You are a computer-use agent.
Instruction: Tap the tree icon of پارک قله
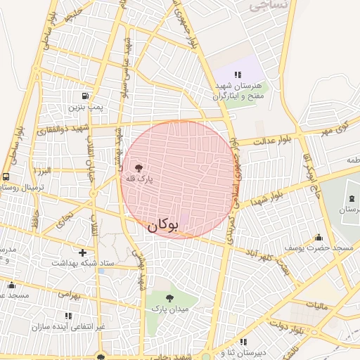click(x=138, y=168)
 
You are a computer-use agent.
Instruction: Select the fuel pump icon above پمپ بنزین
click(x=85, y=96)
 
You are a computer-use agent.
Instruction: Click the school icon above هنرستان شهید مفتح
click(x=238, y=74)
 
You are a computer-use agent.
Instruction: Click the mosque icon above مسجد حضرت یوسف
click(x=319, y=237)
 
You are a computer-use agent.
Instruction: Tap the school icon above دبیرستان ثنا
click(x=243, y=342)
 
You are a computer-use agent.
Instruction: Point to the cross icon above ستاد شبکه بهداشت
click(x=83, y=252)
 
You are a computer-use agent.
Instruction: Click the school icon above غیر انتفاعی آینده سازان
click(x=68, y=316)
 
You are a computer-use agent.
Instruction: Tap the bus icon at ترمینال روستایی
click(x=6, y=176)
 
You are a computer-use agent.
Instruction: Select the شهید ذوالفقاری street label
click(x=85, y=128)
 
